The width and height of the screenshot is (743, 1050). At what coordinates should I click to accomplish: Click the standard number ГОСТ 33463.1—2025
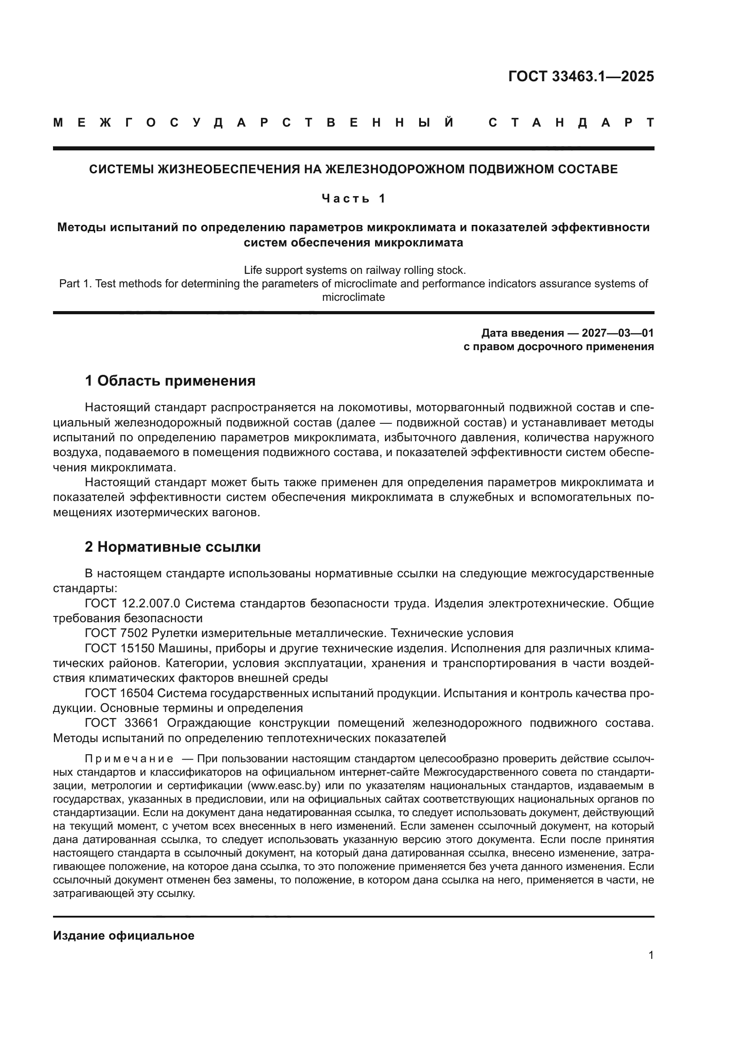580,76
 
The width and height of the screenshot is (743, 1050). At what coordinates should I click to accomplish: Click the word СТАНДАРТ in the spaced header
571,123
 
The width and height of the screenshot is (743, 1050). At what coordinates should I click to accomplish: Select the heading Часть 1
353,198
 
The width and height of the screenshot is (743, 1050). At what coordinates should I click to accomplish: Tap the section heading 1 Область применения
170,381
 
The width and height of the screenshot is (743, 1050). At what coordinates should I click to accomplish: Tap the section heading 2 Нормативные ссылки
172,547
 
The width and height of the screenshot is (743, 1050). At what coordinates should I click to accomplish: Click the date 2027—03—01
618,333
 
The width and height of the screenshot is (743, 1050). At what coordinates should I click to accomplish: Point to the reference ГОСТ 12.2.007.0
132,604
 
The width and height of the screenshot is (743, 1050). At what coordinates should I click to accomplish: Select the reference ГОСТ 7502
116,633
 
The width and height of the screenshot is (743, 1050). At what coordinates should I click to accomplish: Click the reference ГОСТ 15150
119,649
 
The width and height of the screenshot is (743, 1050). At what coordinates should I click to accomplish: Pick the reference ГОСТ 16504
119,693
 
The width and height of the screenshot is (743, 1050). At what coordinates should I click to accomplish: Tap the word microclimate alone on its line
353,297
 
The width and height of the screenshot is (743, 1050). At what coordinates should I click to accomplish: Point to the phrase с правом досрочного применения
558,347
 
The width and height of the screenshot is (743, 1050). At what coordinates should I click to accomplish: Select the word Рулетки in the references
171,633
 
